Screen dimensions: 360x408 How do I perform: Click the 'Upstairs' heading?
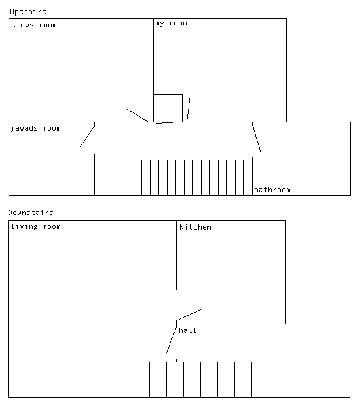click(x=28, y=12)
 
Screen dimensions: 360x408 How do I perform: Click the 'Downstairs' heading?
click(x=31, y=212)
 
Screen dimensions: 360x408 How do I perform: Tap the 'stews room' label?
click(x=34, y=25)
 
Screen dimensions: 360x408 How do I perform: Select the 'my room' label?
click(x=171, y=24)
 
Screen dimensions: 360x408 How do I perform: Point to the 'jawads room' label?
click(x=36, y=129)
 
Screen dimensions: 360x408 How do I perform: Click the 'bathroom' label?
click(x=272, y=190)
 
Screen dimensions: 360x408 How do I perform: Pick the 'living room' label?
click(x=36, y=226)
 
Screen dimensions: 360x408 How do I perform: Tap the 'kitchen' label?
click(x=195, y=227)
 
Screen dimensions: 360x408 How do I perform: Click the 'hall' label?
click(x=188, y=330)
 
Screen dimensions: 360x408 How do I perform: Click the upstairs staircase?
click(x=197, y=177)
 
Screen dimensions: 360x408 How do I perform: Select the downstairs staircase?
click(x=200, y=379)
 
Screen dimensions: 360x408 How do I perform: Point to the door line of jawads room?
click(x=87, y=137)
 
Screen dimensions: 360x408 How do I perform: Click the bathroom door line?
click(x=257, y=137)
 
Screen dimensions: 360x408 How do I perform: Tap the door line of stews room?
click(x=137, y=115)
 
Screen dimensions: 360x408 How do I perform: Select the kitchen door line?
click(x=189, y=315)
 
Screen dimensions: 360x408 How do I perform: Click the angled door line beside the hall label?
click(x=171, y=341)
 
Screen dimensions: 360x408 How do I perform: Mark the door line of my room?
click(x=189, y=109)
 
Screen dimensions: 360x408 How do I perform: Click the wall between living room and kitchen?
click(x=176, y=255)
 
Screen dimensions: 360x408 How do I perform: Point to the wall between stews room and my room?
click(x=153, y=70)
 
